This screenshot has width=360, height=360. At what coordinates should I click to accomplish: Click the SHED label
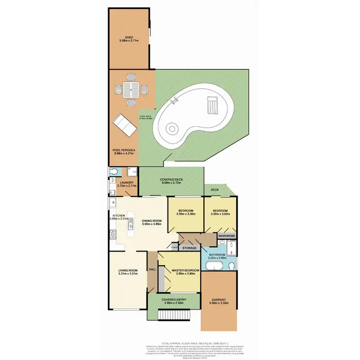click(129, 37)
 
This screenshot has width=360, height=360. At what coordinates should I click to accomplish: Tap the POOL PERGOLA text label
click(123, 150)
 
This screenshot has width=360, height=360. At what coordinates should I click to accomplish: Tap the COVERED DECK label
click(171, 180)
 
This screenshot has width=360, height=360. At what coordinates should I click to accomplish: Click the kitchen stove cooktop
click(113, 235)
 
